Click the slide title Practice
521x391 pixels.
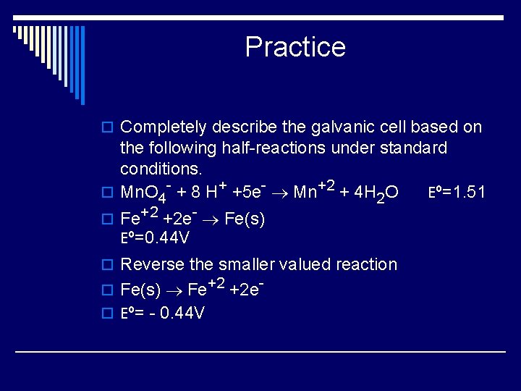tap(295, 47)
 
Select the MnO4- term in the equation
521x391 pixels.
tap(145, 193)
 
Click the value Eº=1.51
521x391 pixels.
tap(457, 193)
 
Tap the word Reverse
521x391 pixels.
tap(151, 264)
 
